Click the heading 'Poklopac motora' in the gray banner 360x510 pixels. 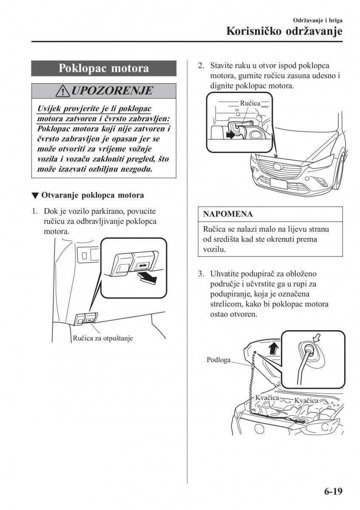pos(104,68)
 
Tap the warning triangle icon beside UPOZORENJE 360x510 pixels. pos(65,91)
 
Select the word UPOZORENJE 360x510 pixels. pos(112,91)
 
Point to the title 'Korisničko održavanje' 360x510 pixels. pos(284,31)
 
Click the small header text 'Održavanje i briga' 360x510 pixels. pos(318,20)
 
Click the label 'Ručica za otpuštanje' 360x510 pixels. pos(102,338)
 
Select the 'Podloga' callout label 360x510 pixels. pos(218,360)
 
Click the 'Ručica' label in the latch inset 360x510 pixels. pos(250,103)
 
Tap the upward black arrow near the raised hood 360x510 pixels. pos(274,348)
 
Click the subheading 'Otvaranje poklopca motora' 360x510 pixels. pos(92,195)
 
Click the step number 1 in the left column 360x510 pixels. pos(35,211)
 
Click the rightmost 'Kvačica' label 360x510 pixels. pos(306,400)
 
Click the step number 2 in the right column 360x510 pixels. pos(201,66)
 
